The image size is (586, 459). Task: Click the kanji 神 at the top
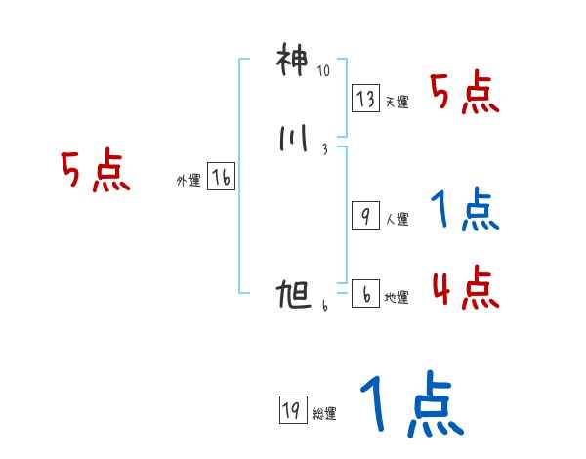coord(292,62)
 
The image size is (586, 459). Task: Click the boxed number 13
coord(366,99)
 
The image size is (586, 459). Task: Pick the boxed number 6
coord(364,294)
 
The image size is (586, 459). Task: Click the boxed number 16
coord(221,178)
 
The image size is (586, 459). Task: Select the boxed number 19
coord(291,411)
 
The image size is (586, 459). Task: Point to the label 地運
coord(398,298)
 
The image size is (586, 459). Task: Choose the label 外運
coord(188,181)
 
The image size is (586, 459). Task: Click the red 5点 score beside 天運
coord(464,94)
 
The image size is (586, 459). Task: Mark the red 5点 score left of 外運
coord(95,173)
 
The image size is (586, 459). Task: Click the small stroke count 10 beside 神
coord(324,71)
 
